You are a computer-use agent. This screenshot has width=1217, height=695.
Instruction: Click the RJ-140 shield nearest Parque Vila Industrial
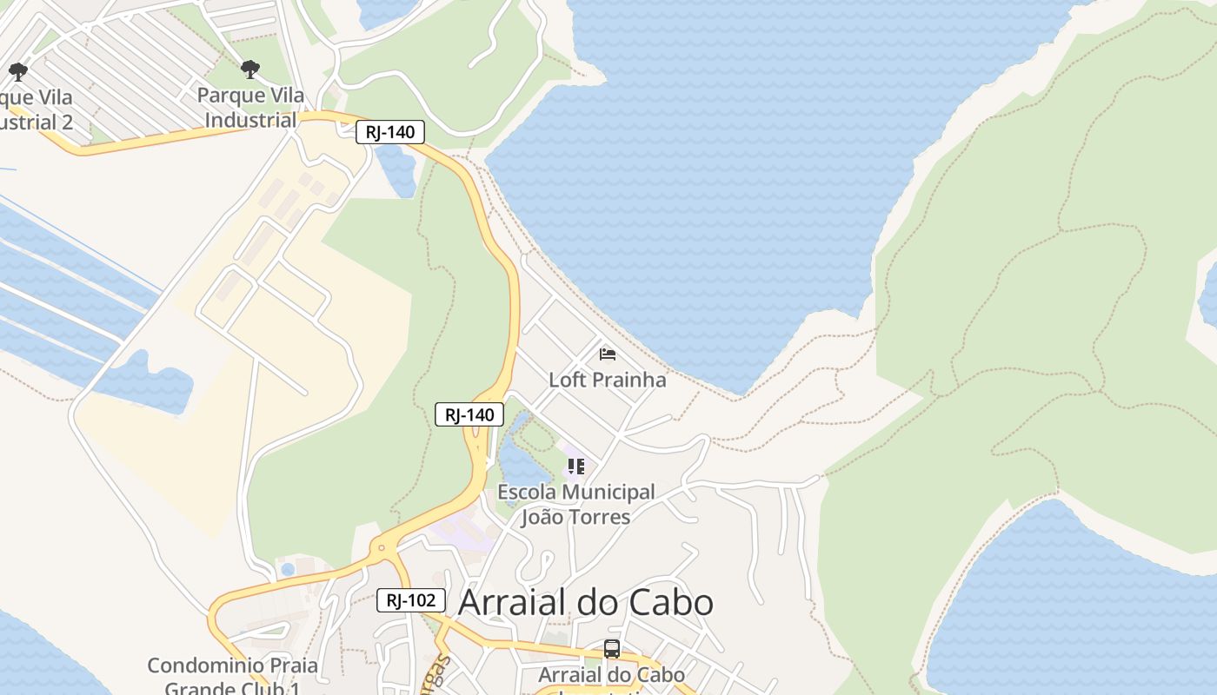tap(390, 132)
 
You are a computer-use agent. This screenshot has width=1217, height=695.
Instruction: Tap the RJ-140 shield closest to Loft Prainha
tap(469, 414)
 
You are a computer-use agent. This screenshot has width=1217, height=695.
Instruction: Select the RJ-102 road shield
tap(411, 599)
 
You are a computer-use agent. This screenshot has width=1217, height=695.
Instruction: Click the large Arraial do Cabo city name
tap(585, 602)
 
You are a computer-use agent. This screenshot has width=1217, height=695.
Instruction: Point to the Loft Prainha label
tap(607, 380)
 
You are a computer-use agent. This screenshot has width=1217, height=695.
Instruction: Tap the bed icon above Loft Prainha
tap(608, 354)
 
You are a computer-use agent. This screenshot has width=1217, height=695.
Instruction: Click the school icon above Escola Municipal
tap(575, 467)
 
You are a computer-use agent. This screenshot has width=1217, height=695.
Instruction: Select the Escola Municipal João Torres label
tap(575, 504)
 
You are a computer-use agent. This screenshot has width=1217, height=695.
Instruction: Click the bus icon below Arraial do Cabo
tap(612, 649)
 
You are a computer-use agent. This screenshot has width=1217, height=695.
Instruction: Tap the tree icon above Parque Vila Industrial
tap(250, 69)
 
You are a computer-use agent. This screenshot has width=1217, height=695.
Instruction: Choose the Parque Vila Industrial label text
tap(250, 107)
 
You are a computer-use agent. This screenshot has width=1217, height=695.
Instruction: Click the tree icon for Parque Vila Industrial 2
tap(17, 71)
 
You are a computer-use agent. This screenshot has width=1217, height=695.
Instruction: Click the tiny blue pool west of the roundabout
tap(288, 569)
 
